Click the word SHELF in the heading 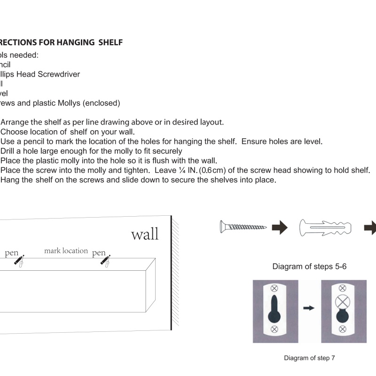[x=110, y=43]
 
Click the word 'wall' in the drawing [x=145, y=234]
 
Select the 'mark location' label [x=66, y=251]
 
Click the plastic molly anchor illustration [x=325, y=228]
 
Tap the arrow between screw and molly [x=280, y=228]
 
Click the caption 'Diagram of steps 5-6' [x=310, y=267]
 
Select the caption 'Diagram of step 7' [x=309, y=358]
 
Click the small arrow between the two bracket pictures [x=309, y=308]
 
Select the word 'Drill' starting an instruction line [x=10, y=151]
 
